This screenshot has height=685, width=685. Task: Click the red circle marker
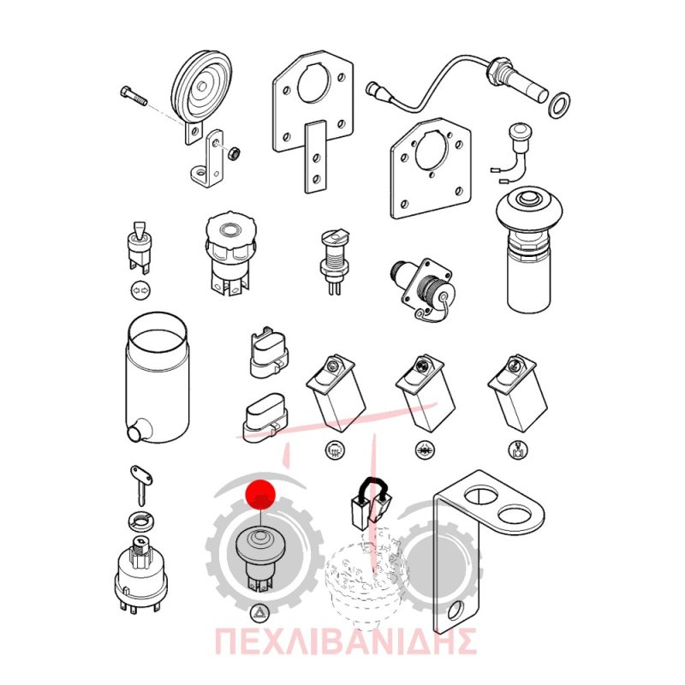tap(260, 495)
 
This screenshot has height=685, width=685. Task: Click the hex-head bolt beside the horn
tap(134, 98)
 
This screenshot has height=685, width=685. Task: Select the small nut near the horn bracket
tap(235, 153)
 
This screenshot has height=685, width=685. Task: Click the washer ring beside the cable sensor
tap(559, 104)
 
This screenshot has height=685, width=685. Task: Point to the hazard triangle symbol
tap(259, 613)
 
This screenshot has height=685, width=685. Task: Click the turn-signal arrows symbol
tap(140, 289)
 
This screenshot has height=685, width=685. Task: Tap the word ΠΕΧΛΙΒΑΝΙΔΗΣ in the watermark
tap(345, 640)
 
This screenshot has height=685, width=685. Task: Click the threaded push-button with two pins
tap(334, 261)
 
